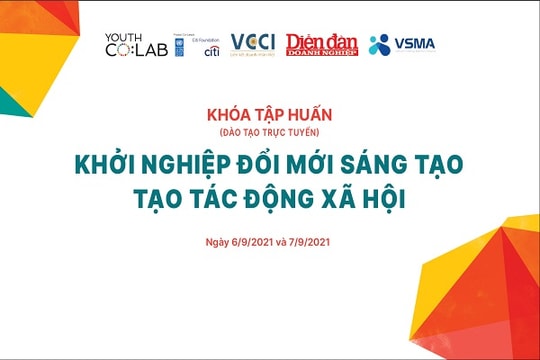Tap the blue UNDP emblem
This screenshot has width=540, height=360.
pos(179,46)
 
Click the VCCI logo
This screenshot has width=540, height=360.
pos(252,44)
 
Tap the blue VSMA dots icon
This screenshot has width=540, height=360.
pos(379,44)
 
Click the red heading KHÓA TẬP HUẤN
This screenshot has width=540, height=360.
pos(269,116)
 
